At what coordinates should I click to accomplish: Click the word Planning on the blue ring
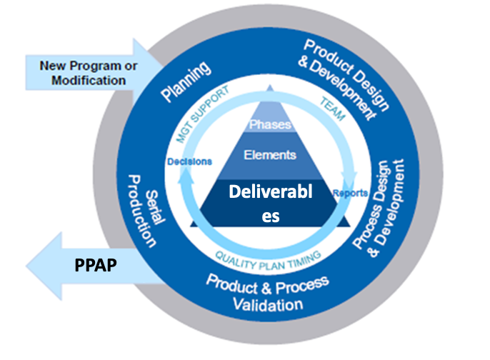[186, 81]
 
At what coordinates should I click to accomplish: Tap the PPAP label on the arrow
[96, 265]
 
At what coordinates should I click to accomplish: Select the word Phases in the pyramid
[270, 125]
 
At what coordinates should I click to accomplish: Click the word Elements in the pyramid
[270, 155]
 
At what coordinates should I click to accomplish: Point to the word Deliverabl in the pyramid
[271, 191]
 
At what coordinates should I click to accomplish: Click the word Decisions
[190, 161]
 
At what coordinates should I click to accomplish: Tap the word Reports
[350, 194]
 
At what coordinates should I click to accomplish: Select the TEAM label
[333, 109]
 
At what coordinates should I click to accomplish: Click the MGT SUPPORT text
[203, 114]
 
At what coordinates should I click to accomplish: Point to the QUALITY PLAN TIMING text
[268, 260]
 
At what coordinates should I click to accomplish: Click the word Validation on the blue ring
[268, 305]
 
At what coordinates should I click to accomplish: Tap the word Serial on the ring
[155, 207]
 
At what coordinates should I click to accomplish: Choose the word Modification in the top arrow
[89, 80]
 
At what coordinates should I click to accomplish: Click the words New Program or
[89, 66]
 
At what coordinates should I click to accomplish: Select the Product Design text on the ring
[347, 74]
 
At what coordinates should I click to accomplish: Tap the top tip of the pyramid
[270, 85]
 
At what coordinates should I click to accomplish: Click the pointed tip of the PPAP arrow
[27, 266]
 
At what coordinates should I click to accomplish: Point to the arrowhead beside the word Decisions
[186, 174]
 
